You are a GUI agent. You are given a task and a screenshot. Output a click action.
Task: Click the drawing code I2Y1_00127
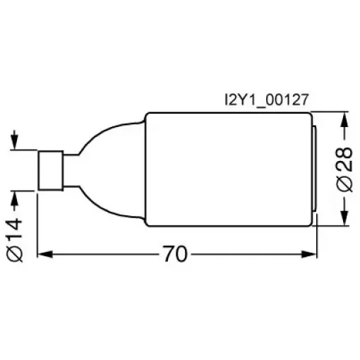click(x=266, y=100)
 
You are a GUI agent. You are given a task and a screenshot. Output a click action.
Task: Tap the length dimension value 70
click(x=175, y=254)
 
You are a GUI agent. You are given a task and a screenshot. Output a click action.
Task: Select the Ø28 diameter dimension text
click(x=344, y=169)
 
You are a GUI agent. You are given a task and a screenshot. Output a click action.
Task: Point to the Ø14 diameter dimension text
click(x=15, y=239)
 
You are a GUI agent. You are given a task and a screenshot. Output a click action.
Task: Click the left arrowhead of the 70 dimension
click(x=44, y=254)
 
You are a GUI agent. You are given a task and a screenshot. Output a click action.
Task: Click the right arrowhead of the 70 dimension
click(x=309, y=254)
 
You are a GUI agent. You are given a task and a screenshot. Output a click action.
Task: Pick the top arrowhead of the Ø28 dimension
click(x=344, y=120)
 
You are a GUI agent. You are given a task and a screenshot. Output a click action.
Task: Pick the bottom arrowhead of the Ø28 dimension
click(x=344, y=218)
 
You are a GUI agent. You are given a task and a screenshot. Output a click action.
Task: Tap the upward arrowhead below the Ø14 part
click(x=15, y=198)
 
